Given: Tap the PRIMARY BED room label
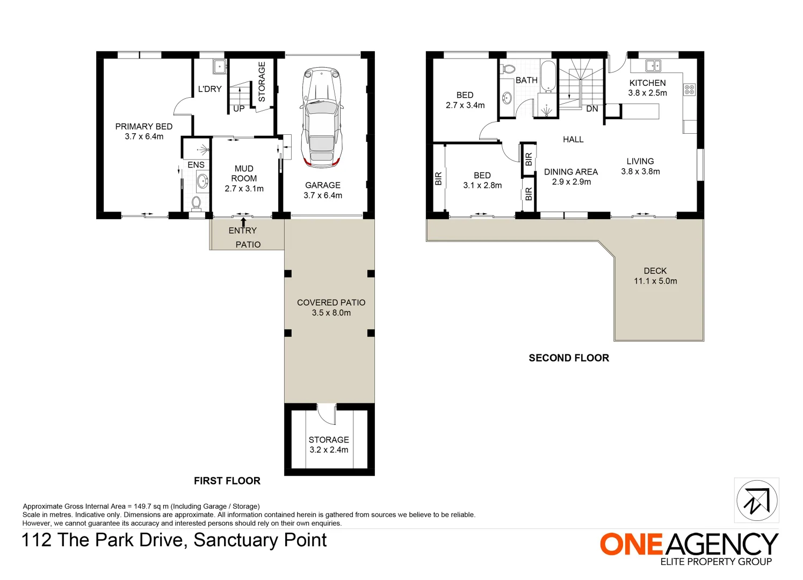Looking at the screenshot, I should pos(144,127).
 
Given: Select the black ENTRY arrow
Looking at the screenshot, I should pos(243,221).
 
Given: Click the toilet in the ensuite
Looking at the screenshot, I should pos(196,203).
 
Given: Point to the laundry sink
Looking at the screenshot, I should pos(219,67).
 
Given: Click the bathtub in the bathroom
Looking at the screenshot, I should pos(548,76).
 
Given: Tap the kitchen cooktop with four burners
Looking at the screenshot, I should pos(689,90).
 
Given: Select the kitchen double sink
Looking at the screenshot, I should pos(653,66).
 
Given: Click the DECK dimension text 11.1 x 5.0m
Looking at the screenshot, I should pos(655,281).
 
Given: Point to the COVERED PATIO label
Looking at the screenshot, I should pos(331,302).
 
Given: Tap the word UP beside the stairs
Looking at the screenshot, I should pos(239,108).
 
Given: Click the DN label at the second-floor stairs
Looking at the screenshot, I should pos(592,109).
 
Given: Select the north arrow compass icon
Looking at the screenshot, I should pos(756,501).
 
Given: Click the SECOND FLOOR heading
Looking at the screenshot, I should pos(569,358).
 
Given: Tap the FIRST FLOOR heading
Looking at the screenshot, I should pos(227,481).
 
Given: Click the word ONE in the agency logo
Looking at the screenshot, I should pos(631,545).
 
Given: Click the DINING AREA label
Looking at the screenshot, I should pos(570,172).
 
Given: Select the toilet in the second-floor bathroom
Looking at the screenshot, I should pos(508,69).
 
